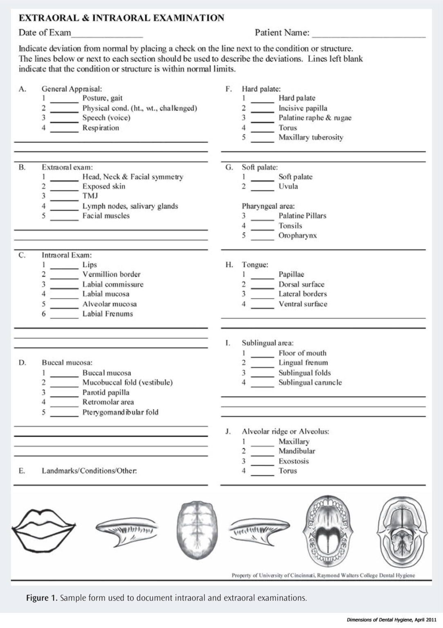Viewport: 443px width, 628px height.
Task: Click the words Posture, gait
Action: tap(102, 98)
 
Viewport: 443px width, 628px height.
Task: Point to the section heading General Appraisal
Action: tap(72, 89)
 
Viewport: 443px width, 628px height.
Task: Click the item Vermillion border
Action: tap(111, 274)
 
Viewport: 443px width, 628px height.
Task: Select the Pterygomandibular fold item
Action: tap(120, 412)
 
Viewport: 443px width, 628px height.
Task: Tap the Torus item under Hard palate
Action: tap(288, 128)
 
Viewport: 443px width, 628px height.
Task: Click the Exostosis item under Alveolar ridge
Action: tap(293, 461)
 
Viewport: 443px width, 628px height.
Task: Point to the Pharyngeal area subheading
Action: tap(268, 206)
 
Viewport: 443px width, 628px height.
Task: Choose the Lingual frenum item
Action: tap(303, 363)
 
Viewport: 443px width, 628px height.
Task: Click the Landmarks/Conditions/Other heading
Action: tap(89, 471)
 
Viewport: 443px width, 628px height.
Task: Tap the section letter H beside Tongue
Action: tap(229, 265)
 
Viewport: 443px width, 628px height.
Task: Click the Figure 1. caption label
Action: tap(42, 598)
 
